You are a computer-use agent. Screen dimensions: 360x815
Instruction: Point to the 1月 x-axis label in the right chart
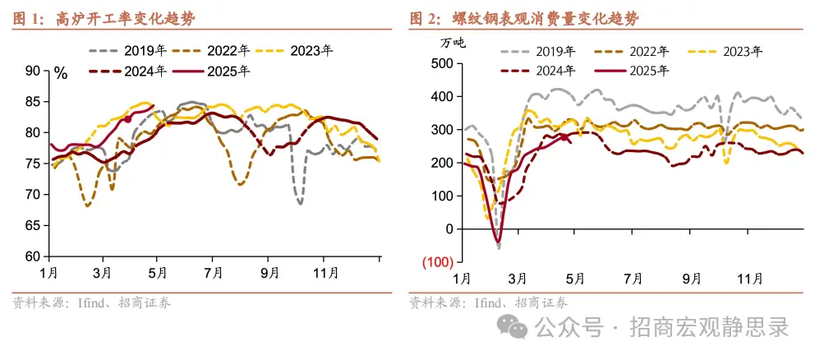pyautogui.click(x=461, y=277)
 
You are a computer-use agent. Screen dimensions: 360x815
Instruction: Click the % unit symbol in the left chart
pyautogui.click(x=61, y=73)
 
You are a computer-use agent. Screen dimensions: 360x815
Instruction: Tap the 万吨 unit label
pyautogui.click(x=450, y=43)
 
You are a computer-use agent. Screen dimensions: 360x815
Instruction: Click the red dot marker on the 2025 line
pyautogui.click(x=128, y=119)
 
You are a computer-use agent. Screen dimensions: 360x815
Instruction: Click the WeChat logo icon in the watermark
pyautogui.click(x=518, y=329)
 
